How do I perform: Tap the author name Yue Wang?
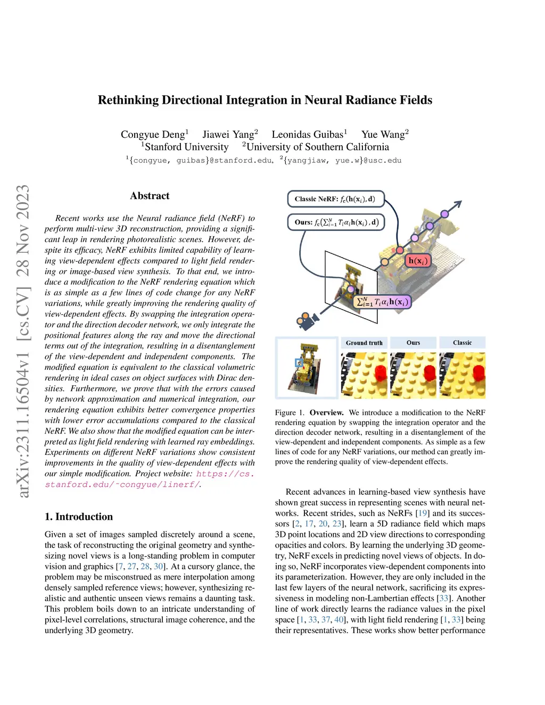[x=383, y=135]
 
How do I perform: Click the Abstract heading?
[x=150, y=196]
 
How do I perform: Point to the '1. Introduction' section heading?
[x=79, y=517]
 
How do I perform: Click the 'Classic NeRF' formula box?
[x=335, y=199]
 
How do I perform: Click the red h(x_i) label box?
[x=418, y=261]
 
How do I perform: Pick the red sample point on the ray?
[x=398, y=250]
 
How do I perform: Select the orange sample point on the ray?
[x=384, y=262]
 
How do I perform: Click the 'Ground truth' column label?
[x=364, y=343]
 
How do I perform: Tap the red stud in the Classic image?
[x=477, y=372]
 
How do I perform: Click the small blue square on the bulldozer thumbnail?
[x=299, y=363]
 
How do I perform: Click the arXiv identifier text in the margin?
[x=23, y=341]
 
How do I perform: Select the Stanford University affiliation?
[x=186, y=147]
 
